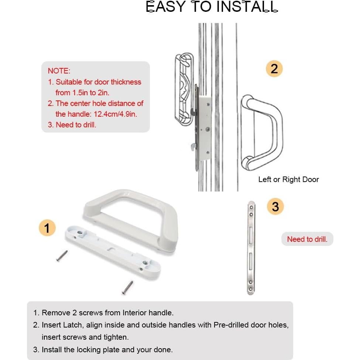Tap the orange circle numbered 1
[47, 228]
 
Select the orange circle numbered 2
[274, 69]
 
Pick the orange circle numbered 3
[275, 207]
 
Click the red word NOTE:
[59, 71]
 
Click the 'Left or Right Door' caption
[288, 180]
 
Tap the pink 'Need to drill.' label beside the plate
[307, 239]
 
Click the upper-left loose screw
[62, 256]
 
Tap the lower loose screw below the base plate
[127, 287]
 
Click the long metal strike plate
[251, 247]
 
